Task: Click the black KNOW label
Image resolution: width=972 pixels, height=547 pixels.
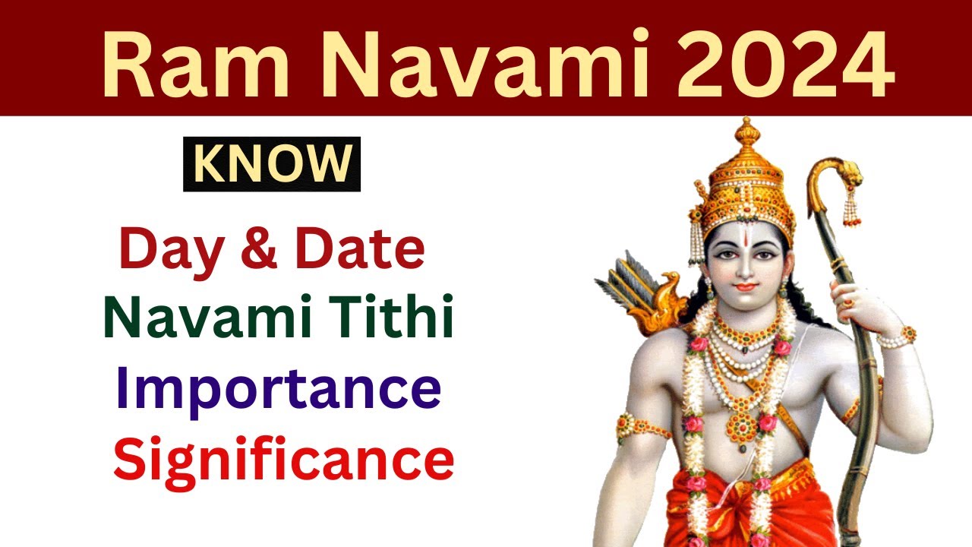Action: [272, 164]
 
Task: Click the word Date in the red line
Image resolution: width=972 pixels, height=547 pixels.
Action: [360, 249]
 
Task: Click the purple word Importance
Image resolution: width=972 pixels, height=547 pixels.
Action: [278, 389]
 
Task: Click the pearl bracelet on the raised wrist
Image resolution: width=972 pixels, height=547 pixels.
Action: [896, 337]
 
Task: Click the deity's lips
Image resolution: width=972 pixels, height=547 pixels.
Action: [746, 287]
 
